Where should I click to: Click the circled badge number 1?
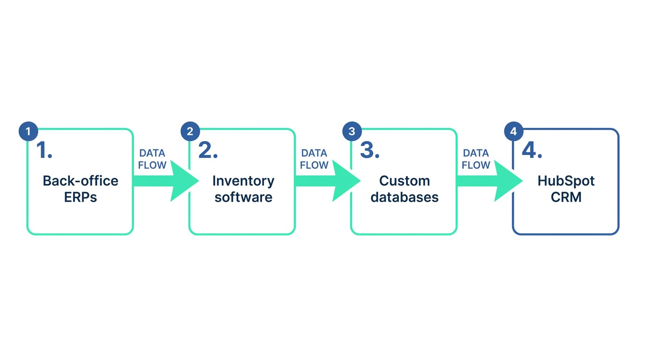coord(28,132)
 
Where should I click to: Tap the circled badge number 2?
coord(190,132)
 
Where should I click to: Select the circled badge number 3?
coord(352,132)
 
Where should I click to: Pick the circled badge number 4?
coord(514,132)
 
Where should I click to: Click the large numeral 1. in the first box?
coord(44,150)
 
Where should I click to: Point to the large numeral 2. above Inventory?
coord(208,150)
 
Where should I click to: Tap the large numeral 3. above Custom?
coord(369,150)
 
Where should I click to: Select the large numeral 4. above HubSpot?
coord(532,150)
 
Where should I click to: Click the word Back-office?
coord(80,181)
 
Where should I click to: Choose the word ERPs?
coord(80,197)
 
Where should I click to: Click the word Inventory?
coord(243,181)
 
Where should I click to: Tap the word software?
coord(243,197)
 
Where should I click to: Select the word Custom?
coord(404,181)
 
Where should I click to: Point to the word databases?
coord(404,197)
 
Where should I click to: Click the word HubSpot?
coord(566,181)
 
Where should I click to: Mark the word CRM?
coord(566,197)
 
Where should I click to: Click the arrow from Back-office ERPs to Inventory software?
coord(164,181)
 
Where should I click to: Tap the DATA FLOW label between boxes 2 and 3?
coord(314,159)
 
